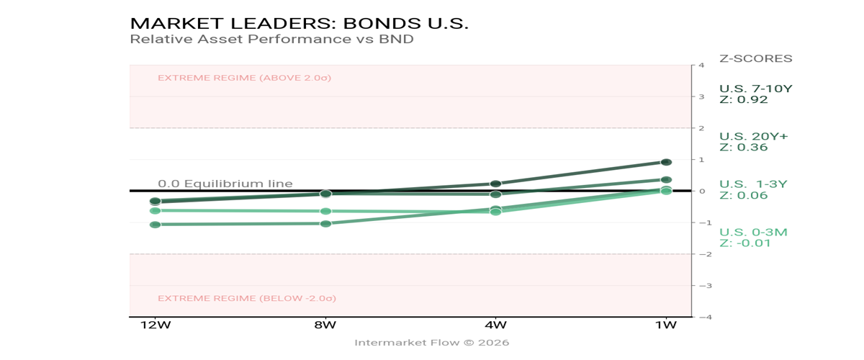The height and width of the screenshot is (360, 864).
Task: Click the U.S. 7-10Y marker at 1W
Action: [666, 162]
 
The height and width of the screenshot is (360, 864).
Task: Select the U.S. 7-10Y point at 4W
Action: [495, 184]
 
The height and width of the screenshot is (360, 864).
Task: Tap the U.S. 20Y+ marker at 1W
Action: [666, 179]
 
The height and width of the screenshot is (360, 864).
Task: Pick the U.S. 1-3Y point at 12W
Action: [155, 225]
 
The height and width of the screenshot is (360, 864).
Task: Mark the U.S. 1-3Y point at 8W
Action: [325, 223]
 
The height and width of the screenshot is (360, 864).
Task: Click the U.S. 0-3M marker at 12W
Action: [155, 210]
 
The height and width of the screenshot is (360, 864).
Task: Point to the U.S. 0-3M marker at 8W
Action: [325, 211]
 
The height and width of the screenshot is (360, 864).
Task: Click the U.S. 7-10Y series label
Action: [755, 89]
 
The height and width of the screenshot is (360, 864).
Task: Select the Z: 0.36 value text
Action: [744, 148]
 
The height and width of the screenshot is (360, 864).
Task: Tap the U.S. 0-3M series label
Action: [753, 232]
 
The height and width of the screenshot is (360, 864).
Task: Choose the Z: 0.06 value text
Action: [744, 195]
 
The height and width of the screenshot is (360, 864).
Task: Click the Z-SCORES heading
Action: [755, 58]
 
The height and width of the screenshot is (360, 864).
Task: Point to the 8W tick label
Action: [325, 325]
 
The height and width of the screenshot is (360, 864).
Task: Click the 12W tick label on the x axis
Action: [156, 325]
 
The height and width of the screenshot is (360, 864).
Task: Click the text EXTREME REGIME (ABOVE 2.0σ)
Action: [244, 78]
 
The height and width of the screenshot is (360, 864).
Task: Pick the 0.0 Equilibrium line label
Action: [225, 184]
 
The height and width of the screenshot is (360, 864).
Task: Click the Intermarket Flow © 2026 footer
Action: [431, 343]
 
